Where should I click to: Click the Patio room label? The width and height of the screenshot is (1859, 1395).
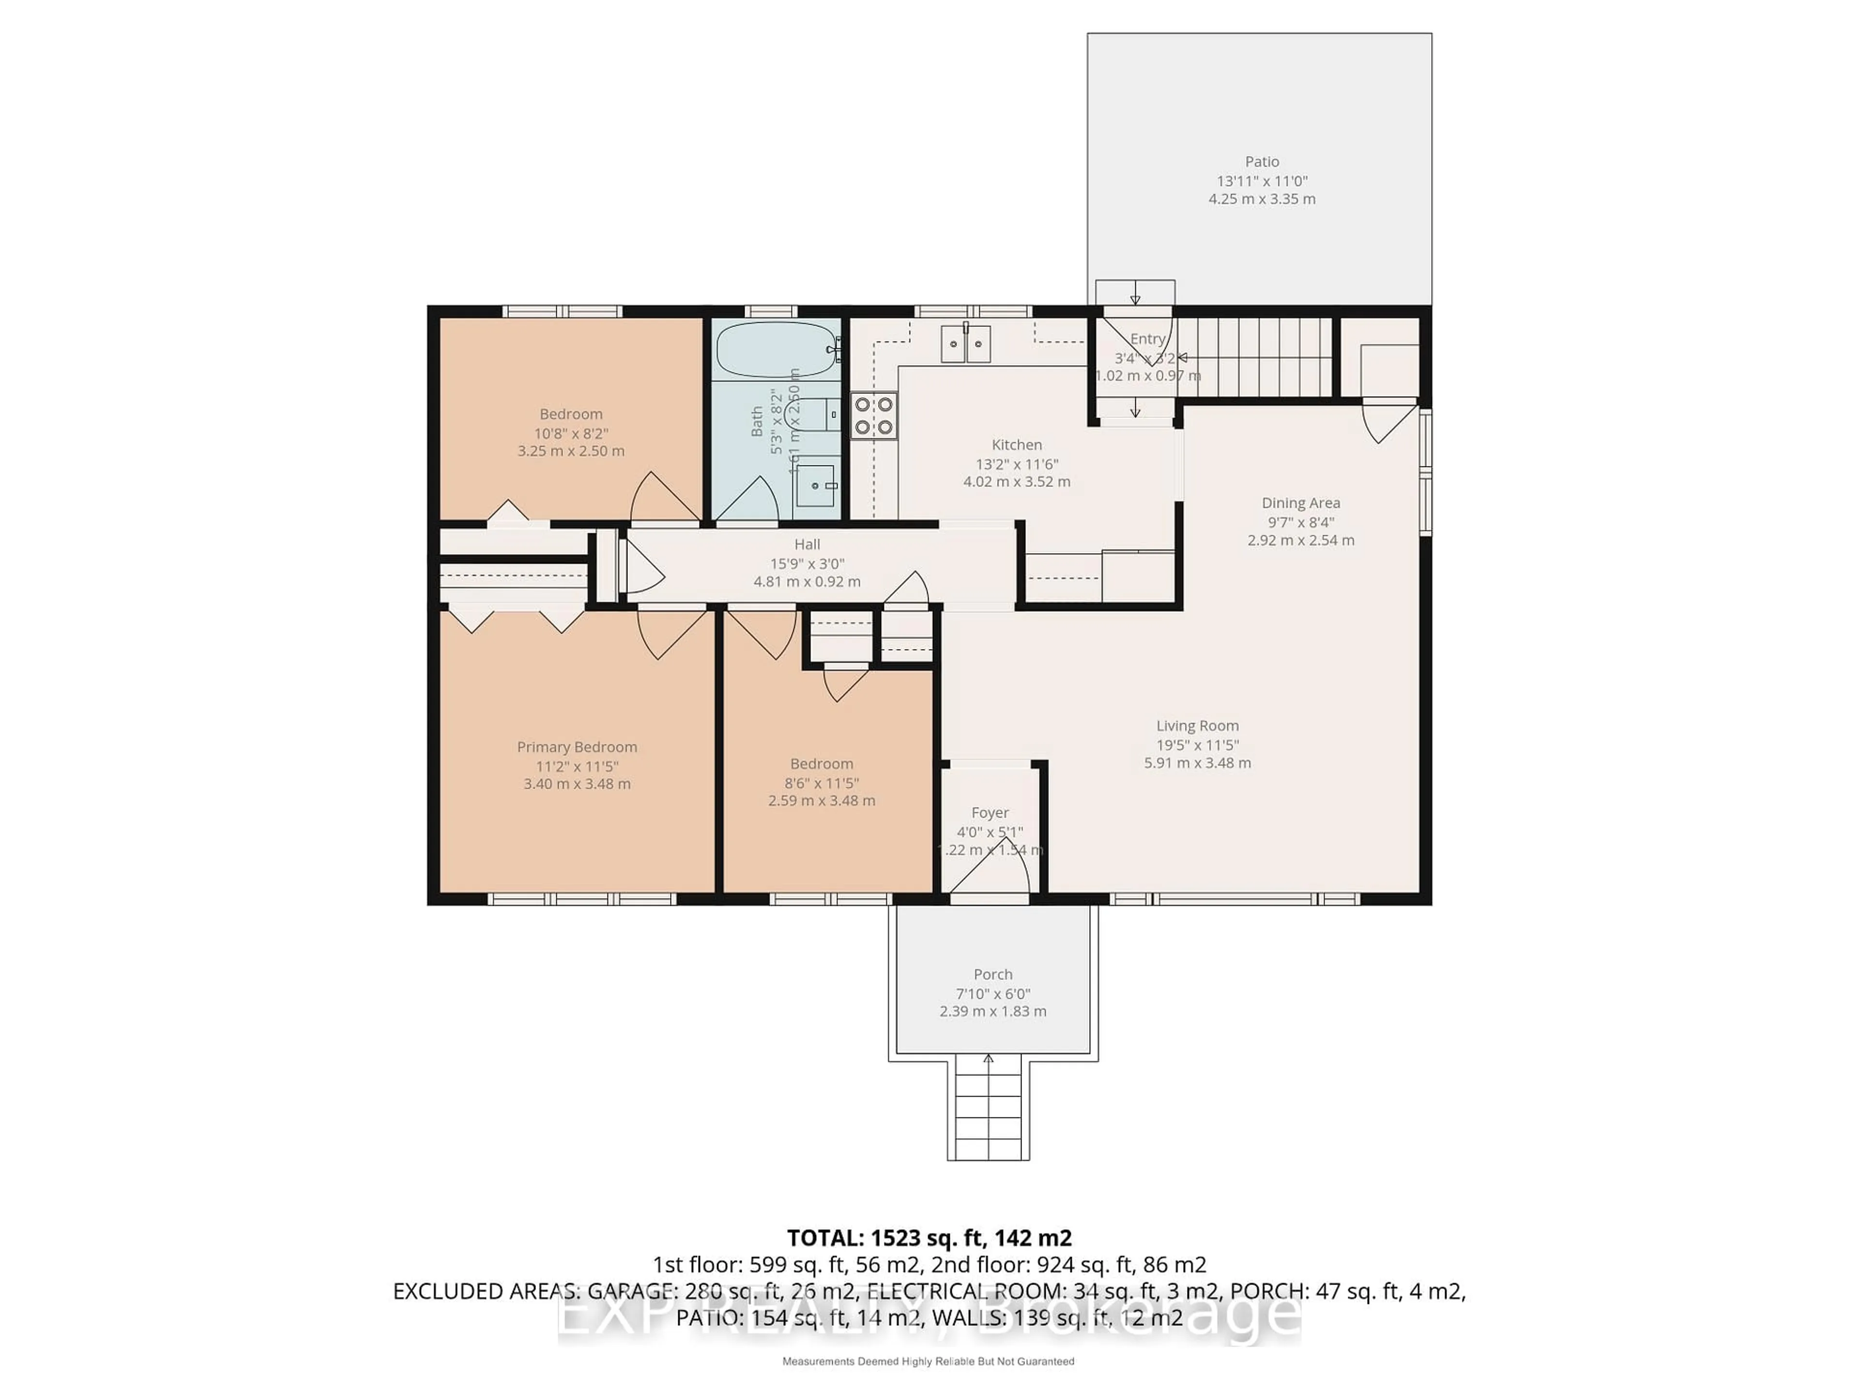tap(1262, 161)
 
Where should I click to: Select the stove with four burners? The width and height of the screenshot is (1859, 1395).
tap(873, 416)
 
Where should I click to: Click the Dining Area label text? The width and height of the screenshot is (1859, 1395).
tap(1300, 503)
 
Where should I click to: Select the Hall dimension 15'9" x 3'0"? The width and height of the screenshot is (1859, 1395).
tap(807, 563)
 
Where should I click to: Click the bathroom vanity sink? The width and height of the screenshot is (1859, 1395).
tap(815, 486)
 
